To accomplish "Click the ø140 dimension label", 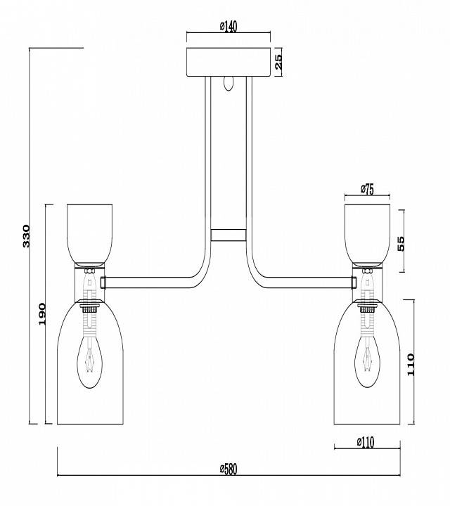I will click(229, 27).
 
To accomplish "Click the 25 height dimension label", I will click(278, 62).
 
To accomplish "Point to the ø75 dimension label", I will click(366, 188).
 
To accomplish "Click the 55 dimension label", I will click(401, 242).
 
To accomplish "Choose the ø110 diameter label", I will click(366, 442).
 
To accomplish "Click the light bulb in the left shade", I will click(89, 358).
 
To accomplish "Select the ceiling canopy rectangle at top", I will click(229, 62).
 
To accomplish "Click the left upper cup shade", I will click(89, 232).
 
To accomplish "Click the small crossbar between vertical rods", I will click(229, 235).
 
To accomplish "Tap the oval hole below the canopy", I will click(227, 84).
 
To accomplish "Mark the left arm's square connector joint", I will click(103, 282).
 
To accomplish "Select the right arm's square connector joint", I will click(354, 282).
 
